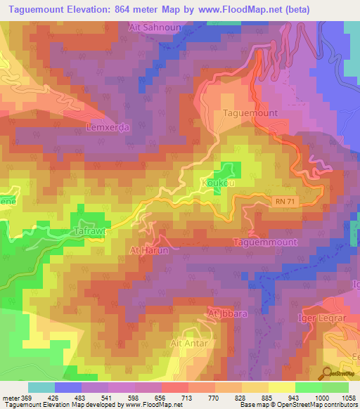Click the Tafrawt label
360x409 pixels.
point(89,230)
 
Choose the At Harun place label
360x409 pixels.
point(146,249)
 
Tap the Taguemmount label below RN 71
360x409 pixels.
point(265,242)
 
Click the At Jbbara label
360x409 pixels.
point(227,313)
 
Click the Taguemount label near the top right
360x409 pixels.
point(250,112)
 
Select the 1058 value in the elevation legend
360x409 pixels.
point(348,397)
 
